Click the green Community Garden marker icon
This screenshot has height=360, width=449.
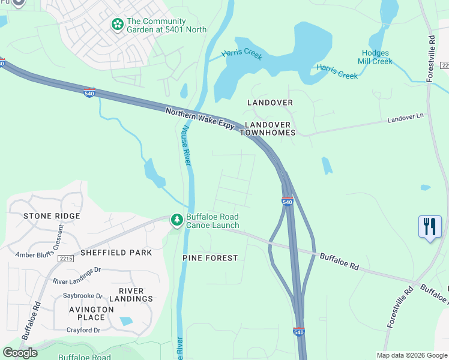[x=117, y=25]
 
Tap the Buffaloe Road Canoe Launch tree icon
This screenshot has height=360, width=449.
[x=176, y=221]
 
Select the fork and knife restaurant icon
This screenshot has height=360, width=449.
[x=430, y=227]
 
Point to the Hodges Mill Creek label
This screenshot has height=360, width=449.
[x=375, y=57]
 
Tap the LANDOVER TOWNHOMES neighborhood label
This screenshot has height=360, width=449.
[x=270, y=128]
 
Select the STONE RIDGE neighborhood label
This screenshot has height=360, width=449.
[x=52, y=216]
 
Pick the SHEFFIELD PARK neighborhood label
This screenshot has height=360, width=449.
[x=116, y=253]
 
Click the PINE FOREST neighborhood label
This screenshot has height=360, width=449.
[x=210, y=258]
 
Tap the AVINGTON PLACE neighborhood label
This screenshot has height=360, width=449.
[x=91, y=313]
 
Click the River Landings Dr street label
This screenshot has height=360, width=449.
[x=77, y=281]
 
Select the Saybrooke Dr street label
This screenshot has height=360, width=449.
[x=83, y=296]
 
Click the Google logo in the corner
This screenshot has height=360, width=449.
[x=20, y=353]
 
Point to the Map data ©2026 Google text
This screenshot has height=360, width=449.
[x=412, y=355]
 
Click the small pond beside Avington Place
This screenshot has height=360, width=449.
[x=127, y=321]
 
